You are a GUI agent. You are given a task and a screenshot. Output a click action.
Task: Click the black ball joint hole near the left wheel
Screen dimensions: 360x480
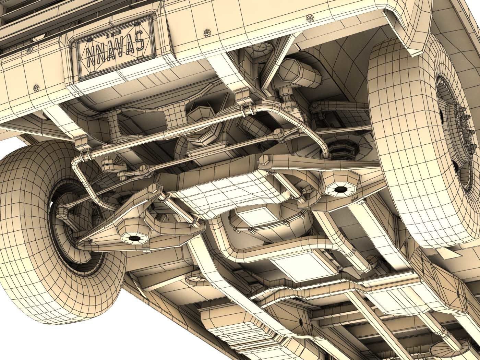pyautogui.click(x=133, y=238)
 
